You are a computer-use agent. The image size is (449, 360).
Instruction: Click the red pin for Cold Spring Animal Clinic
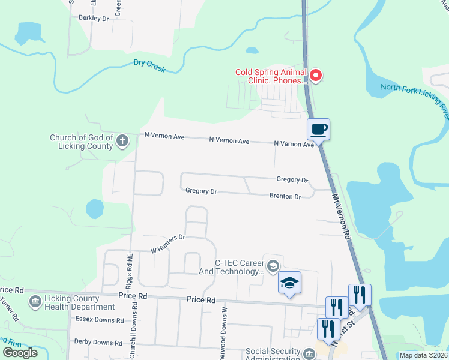click(315, 76)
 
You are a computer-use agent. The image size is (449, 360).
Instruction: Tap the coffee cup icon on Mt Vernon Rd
click(319, 128)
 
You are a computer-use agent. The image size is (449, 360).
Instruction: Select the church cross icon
click(122, 142)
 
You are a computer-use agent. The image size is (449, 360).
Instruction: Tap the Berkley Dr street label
click(94, 19)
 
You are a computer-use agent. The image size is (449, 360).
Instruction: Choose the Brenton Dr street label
click(285, 196)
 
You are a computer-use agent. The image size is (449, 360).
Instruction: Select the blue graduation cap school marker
click(290, 283)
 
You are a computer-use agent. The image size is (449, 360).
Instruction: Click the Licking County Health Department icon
click(35, 300)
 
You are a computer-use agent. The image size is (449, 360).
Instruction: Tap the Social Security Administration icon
click(309, 354)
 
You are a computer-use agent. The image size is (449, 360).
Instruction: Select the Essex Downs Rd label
click(99, 320)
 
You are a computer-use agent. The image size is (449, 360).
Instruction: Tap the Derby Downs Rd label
click(98, 342)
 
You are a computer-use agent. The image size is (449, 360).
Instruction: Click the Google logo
click(20, 353)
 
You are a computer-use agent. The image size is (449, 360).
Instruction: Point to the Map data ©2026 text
click(423, 355)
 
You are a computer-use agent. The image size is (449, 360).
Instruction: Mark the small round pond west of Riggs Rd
click(95, 209)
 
